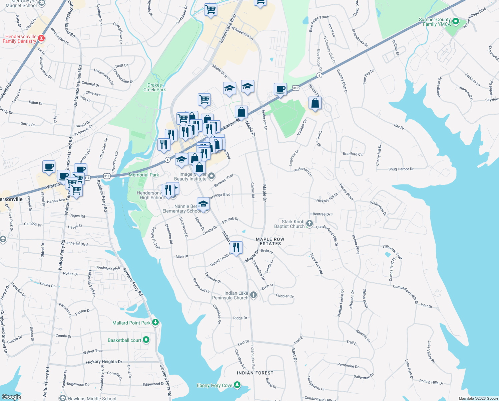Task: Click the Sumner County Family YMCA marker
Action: click(x=456, y=22)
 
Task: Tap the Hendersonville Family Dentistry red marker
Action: click(x=41, y=38)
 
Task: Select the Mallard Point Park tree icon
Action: click(x=155, y=322)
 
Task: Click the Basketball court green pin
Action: click(x=146, y=340)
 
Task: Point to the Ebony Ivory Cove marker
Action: click(x=237, y=385)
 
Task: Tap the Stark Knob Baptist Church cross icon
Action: click(x=310, y=224)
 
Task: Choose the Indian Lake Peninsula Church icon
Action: click(x=254, y=295)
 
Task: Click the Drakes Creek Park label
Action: click(x=154, y=87)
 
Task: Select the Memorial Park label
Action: click(x=144, y=175)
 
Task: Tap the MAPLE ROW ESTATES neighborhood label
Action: click(x=270, y=241)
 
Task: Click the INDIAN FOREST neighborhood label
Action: click(x=255, y=373)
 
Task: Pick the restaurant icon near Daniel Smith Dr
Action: click(x=236, y=248)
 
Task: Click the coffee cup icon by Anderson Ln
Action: click(x=280, y=89)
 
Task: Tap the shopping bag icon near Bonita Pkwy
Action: click(x=315, y=103)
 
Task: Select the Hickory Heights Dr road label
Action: click(x=104, y=362)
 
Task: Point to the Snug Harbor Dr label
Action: click(x=401, y=169)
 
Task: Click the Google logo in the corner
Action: click(x=11, y=397)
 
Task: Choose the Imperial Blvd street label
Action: click(x=77, y=244)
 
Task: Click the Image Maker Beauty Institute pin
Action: click(x=211, y=176)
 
